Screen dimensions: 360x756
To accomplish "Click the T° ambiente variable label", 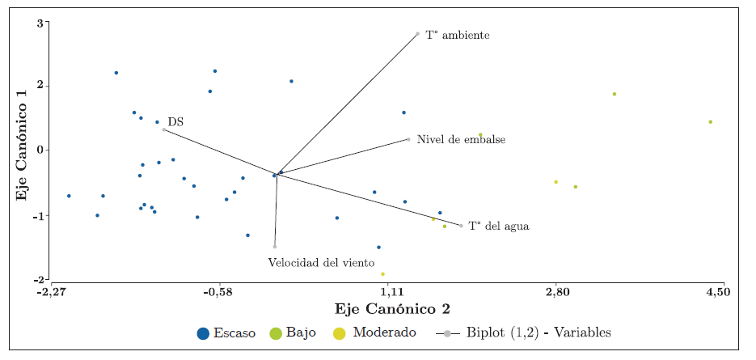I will point(458,36).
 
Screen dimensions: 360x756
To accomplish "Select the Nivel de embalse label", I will point(461,140).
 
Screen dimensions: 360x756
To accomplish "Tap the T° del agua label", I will point(499,227).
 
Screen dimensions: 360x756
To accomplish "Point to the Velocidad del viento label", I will point(321,263).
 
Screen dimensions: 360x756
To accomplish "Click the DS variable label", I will point(175,122).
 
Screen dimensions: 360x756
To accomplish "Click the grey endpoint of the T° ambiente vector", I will point(417,34).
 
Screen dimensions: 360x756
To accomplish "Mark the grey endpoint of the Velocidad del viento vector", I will point(275,246).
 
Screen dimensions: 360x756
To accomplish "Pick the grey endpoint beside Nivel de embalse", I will point(408,139).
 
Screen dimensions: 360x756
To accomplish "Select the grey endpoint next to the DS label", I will point(164,129).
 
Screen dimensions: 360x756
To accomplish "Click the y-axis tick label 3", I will point(39,23).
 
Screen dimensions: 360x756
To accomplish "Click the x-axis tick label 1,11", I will point(389,291).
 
